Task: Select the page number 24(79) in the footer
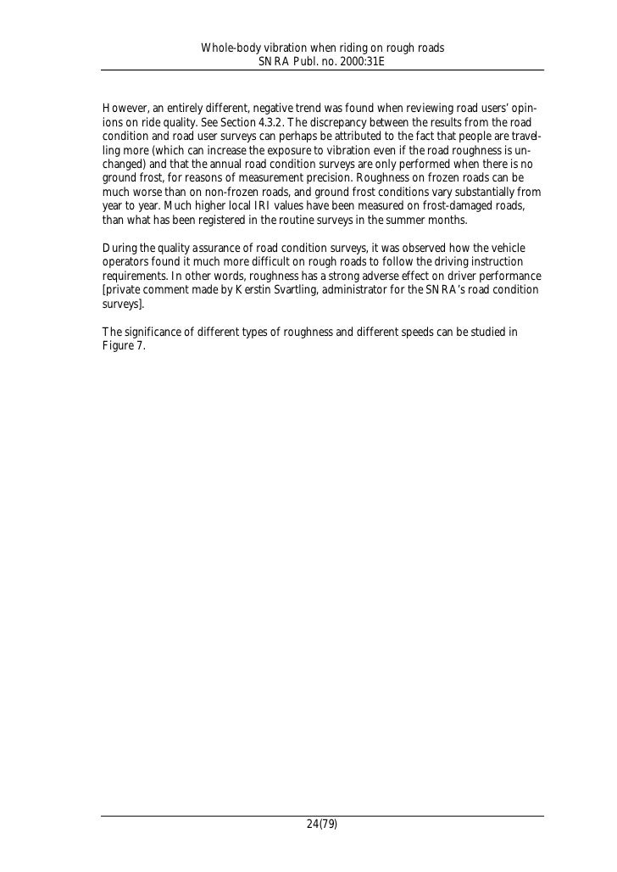click(322, 824)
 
